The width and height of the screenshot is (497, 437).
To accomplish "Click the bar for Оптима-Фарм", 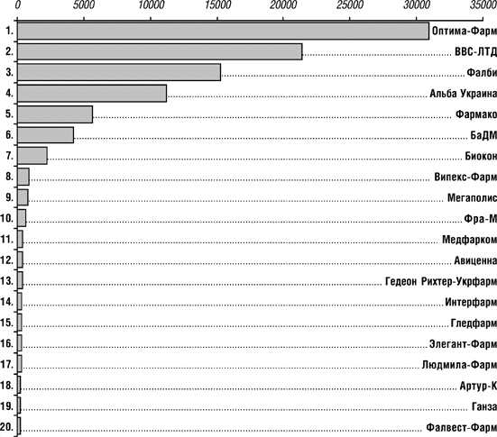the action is click(223, 31).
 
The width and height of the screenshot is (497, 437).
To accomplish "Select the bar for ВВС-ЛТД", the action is click(160, 51).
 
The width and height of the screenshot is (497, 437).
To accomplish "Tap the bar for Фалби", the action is click(119, 72).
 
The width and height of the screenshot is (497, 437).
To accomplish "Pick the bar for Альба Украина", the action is click(92, 94).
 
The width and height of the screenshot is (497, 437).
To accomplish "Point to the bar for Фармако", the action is click(55, 114).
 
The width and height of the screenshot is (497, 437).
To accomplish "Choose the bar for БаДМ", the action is click(45, 135).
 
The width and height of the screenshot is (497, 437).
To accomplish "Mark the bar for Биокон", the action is click(32, 156).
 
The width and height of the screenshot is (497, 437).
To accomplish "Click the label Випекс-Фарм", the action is click(465, 177).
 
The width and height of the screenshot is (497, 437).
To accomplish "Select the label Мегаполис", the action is click(472, 197).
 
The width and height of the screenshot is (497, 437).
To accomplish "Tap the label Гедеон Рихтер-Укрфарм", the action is click(441, 281).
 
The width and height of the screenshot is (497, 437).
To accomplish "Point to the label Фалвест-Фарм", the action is click(461, 427).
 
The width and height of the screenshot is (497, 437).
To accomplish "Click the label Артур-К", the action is click(478, 386).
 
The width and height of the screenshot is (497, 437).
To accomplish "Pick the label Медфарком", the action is click(469, 240).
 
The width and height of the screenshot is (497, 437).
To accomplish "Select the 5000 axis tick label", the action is click(84, 5).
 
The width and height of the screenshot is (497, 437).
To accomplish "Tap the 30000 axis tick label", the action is click(416, 5).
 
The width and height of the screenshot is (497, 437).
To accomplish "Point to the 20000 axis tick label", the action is click(283, 5).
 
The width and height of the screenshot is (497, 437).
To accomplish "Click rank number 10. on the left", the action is click(7, 218).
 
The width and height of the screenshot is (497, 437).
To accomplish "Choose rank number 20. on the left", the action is click(7, 427).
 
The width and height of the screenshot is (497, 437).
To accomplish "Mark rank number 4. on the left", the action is click(10, 93).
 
